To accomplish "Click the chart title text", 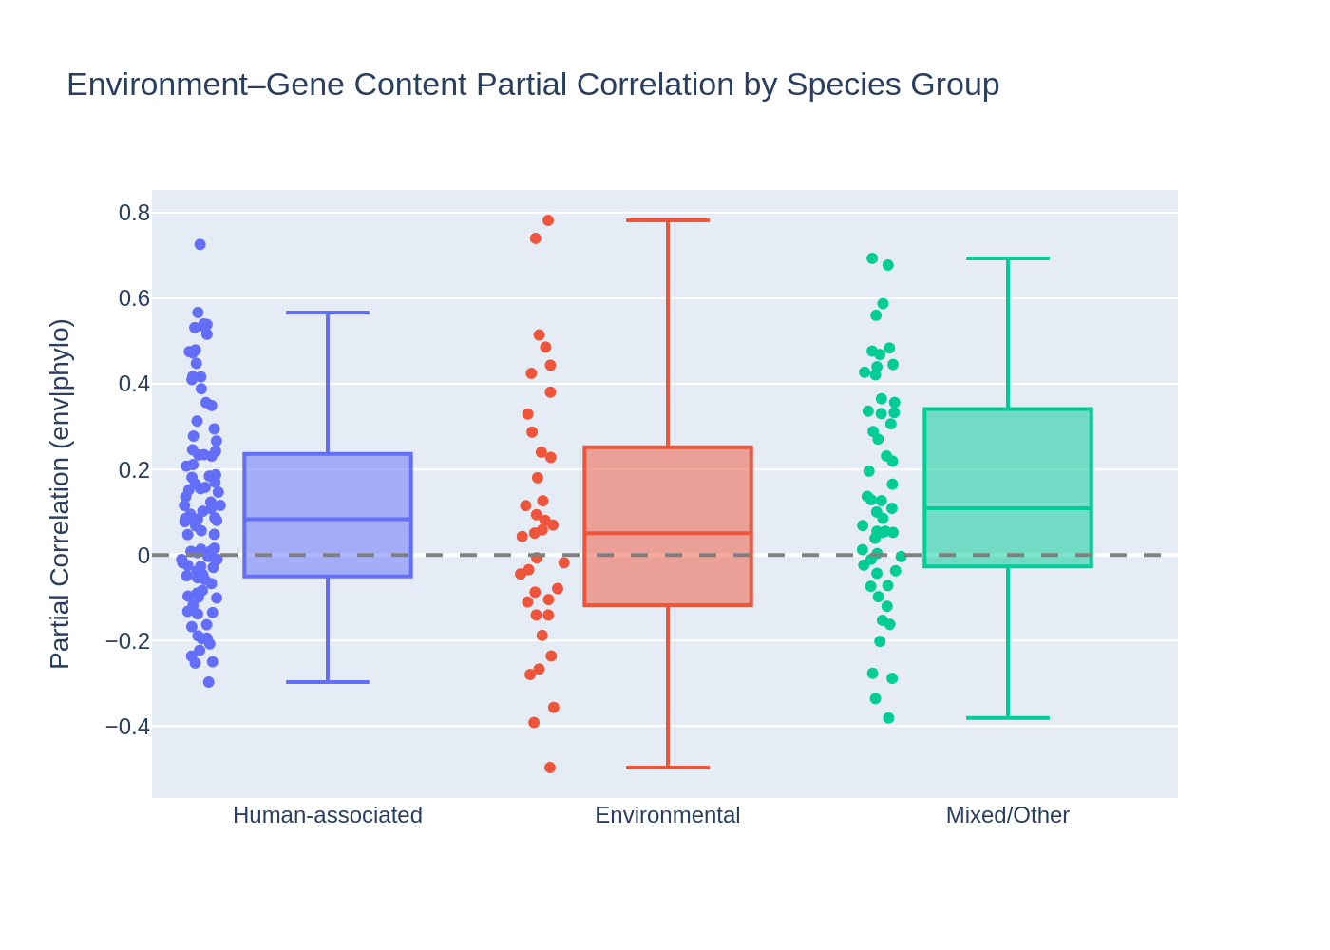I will pos(532,85).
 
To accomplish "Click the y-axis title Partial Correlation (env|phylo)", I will pos(60,494).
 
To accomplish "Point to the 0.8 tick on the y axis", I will pos(134,213).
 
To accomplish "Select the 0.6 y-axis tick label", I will pos(134,298).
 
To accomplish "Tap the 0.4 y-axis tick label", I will pos(134,384).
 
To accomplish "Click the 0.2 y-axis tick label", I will pos(134,469).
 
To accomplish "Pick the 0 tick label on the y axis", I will pos(143,555).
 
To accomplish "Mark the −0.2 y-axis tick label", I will pos(128,641).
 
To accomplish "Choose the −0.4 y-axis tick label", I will pos(128,727).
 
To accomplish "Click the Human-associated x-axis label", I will pos(327,815).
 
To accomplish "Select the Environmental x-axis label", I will pos(667,815).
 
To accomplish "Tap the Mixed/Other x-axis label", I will pos(1007,815).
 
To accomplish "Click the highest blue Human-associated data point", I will pos(200,244).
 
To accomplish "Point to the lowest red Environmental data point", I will pos(550,768).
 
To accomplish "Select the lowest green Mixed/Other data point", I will pos(888,718).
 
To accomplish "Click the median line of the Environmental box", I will pos(668,533).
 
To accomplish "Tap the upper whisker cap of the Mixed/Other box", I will pos(1008,258).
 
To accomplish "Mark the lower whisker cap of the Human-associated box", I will pos(328,682).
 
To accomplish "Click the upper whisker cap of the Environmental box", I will pos(668,220).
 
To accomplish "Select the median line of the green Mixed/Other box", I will pos(1008,508).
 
